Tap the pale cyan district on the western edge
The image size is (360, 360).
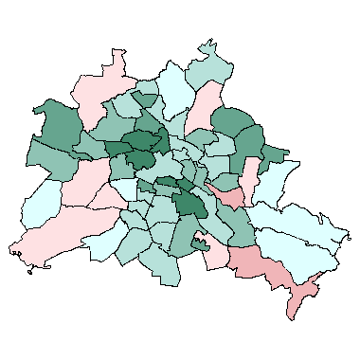[39, 203]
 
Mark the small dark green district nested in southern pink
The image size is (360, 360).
[200, 244]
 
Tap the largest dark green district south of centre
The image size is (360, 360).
[190, 204]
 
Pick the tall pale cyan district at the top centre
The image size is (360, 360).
[174, 90]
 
